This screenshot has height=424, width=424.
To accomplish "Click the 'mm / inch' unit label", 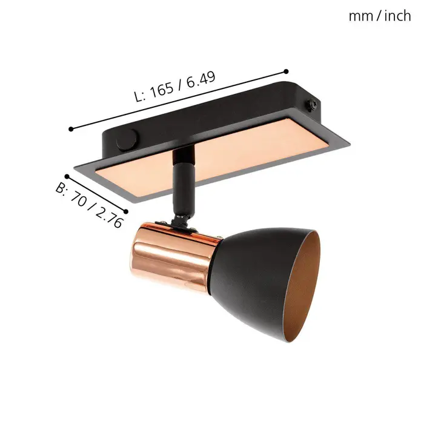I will coord(380,16).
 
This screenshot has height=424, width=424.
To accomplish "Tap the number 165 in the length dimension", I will coord(162,90).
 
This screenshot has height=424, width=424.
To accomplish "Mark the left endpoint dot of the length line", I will coord(71,129).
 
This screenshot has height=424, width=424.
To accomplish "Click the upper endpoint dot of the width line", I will coord(67,177).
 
